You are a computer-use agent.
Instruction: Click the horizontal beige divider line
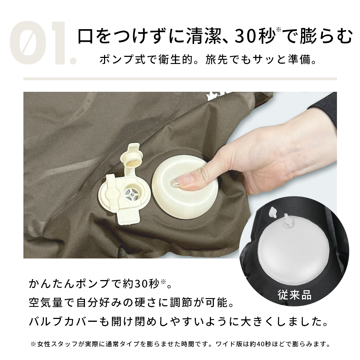[x=180, y=79]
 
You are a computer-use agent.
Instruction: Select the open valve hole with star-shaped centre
[x=131, y=193]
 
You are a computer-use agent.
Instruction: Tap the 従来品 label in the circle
[x=294, y=294]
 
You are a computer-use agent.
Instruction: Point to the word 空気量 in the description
[x=46, y=302]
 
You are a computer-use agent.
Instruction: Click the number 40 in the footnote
[x=261, y=344]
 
